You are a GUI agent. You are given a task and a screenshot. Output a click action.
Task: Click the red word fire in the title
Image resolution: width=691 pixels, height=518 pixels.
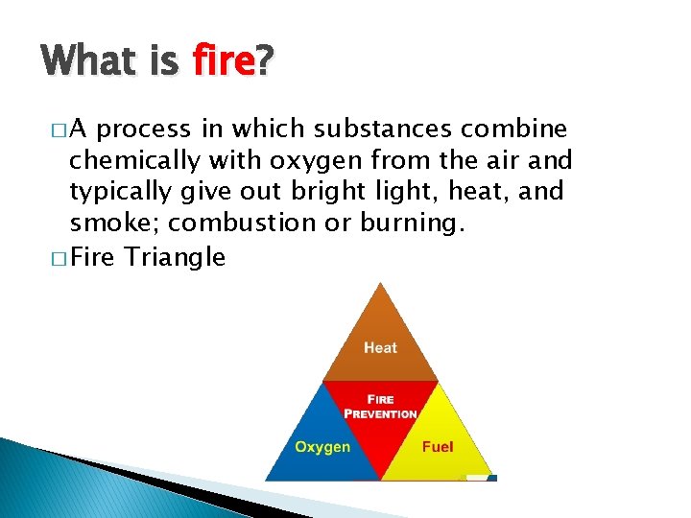(x=223, y=62)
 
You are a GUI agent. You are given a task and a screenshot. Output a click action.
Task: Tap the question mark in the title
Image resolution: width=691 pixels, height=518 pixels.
(x=264, y=62)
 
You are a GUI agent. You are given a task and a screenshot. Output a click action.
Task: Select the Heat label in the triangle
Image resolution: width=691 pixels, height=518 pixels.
(x=380, y=347)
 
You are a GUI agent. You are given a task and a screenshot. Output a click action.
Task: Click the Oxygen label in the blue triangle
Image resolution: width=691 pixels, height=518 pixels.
(x=322, y=447)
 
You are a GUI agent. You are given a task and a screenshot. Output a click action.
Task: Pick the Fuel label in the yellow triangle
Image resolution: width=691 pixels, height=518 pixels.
(x=438, y=447)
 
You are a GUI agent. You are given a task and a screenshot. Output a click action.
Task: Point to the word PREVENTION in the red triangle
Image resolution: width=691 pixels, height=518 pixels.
(x=381, y=414)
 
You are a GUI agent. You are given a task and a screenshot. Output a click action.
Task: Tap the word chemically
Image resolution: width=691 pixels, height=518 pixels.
(x=129, y=160)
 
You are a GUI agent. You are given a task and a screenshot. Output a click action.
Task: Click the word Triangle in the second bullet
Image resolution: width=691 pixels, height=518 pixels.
(x=176, y=257)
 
